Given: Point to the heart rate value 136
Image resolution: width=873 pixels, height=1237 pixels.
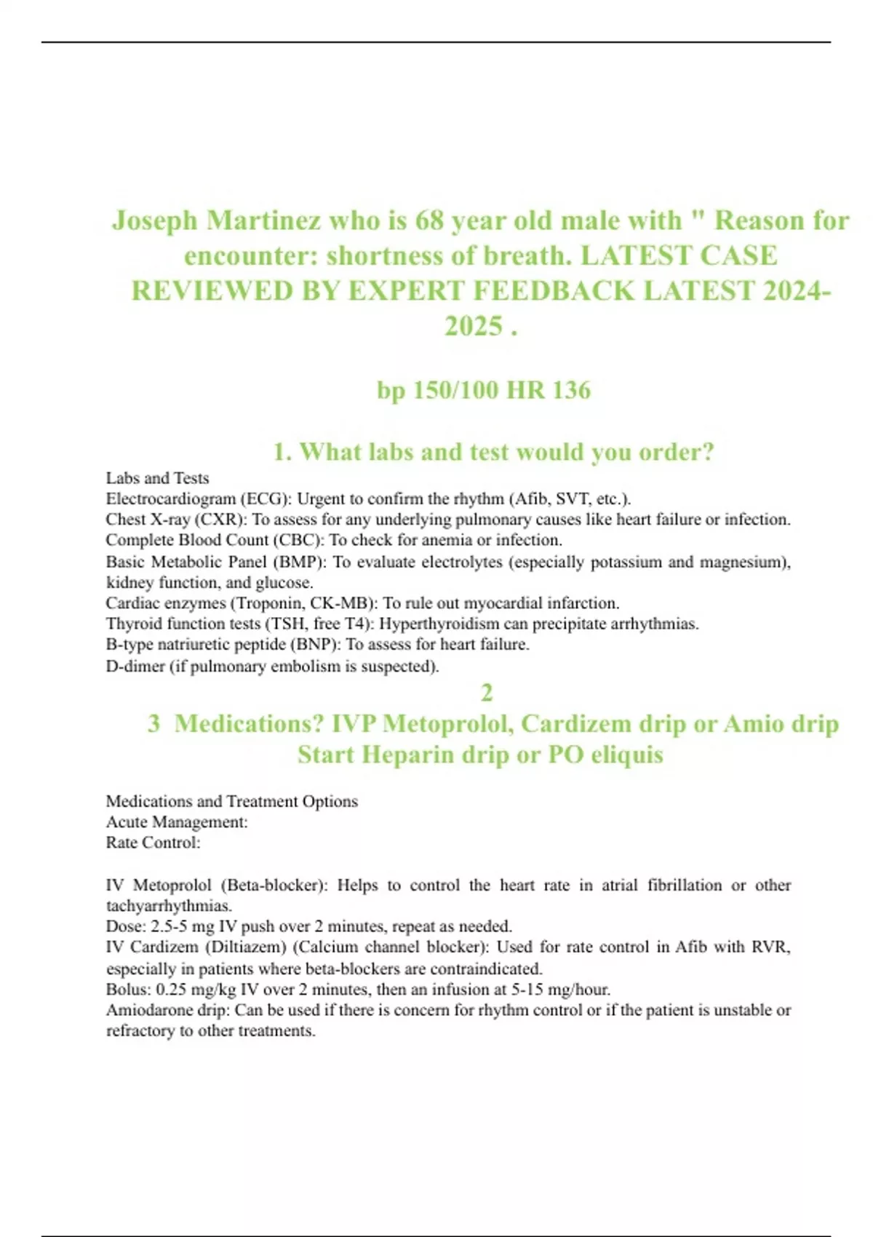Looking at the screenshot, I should coord(571,390).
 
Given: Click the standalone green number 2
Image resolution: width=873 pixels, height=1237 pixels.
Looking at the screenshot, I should coord(487,693).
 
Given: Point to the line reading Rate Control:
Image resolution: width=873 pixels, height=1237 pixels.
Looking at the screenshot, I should coord(153,843).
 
